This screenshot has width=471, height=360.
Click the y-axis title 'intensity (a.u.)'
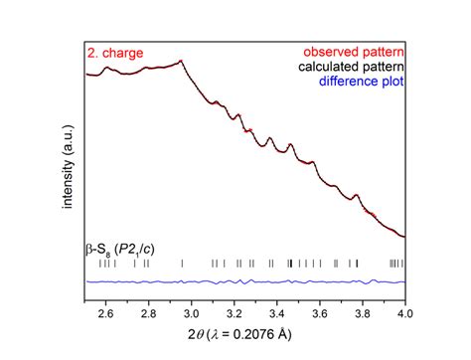(x=66, y=170)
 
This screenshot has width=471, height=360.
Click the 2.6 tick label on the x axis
(x=106, y=315)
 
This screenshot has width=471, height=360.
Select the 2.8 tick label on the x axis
(x=149, y=315)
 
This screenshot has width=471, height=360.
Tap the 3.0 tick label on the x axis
(x=192, y=315)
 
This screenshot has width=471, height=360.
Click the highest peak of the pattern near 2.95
(x=181, y=62)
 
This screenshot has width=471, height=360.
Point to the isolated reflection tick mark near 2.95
(x=182, y=264)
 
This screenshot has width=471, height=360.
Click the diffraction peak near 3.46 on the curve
(x=290, y=146)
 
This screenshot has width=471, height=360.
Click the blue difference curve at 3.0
(x=192, y=282)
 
